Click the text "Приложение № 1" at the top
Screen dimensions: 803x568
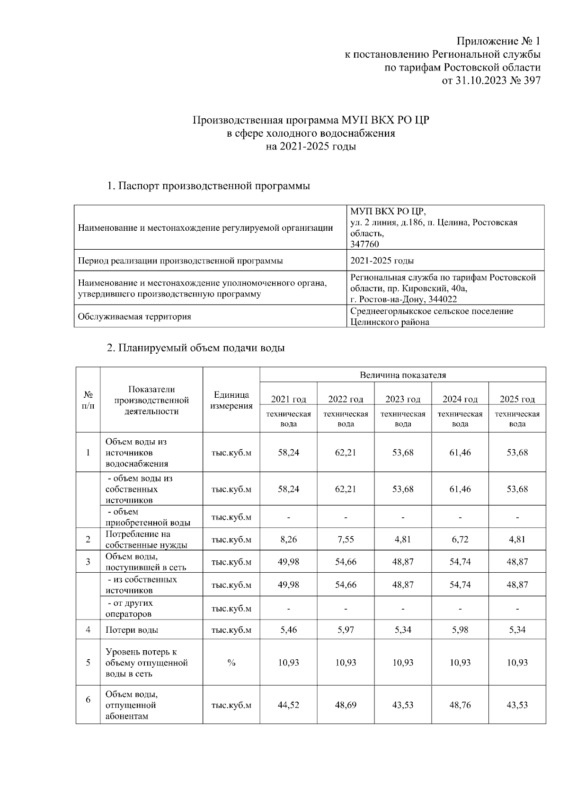498,41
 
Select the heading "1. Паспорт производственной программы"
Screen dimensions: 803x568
208,186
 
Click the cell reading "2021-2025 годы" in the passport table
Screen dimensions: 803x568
382,261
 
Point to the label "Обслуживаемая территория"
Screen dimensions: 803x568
134,316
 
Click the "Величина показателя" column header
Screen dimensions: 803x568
403,375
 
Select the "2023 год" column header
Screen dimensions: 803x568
403,399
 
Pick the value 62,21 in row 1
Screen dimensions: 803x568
346,453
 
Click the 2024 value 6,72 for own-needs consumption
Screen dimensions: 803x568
460,540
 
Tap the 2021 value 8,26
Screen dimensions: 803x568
288,540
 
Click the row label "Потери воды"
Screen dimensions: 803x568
132,630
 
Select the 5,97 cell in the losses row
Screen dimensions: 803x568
346,630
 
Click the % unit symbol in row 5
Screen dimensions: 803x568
231,663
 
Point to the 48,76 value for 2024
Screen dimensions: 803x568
460,705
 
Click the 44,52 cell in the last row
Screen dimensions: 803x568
288,705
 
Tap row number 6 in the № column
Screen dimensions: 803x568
88,699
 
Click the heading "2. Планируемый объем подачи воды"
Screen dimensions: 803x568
195,349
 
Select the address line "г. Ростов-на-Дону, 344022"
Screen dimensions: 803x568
403,299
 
